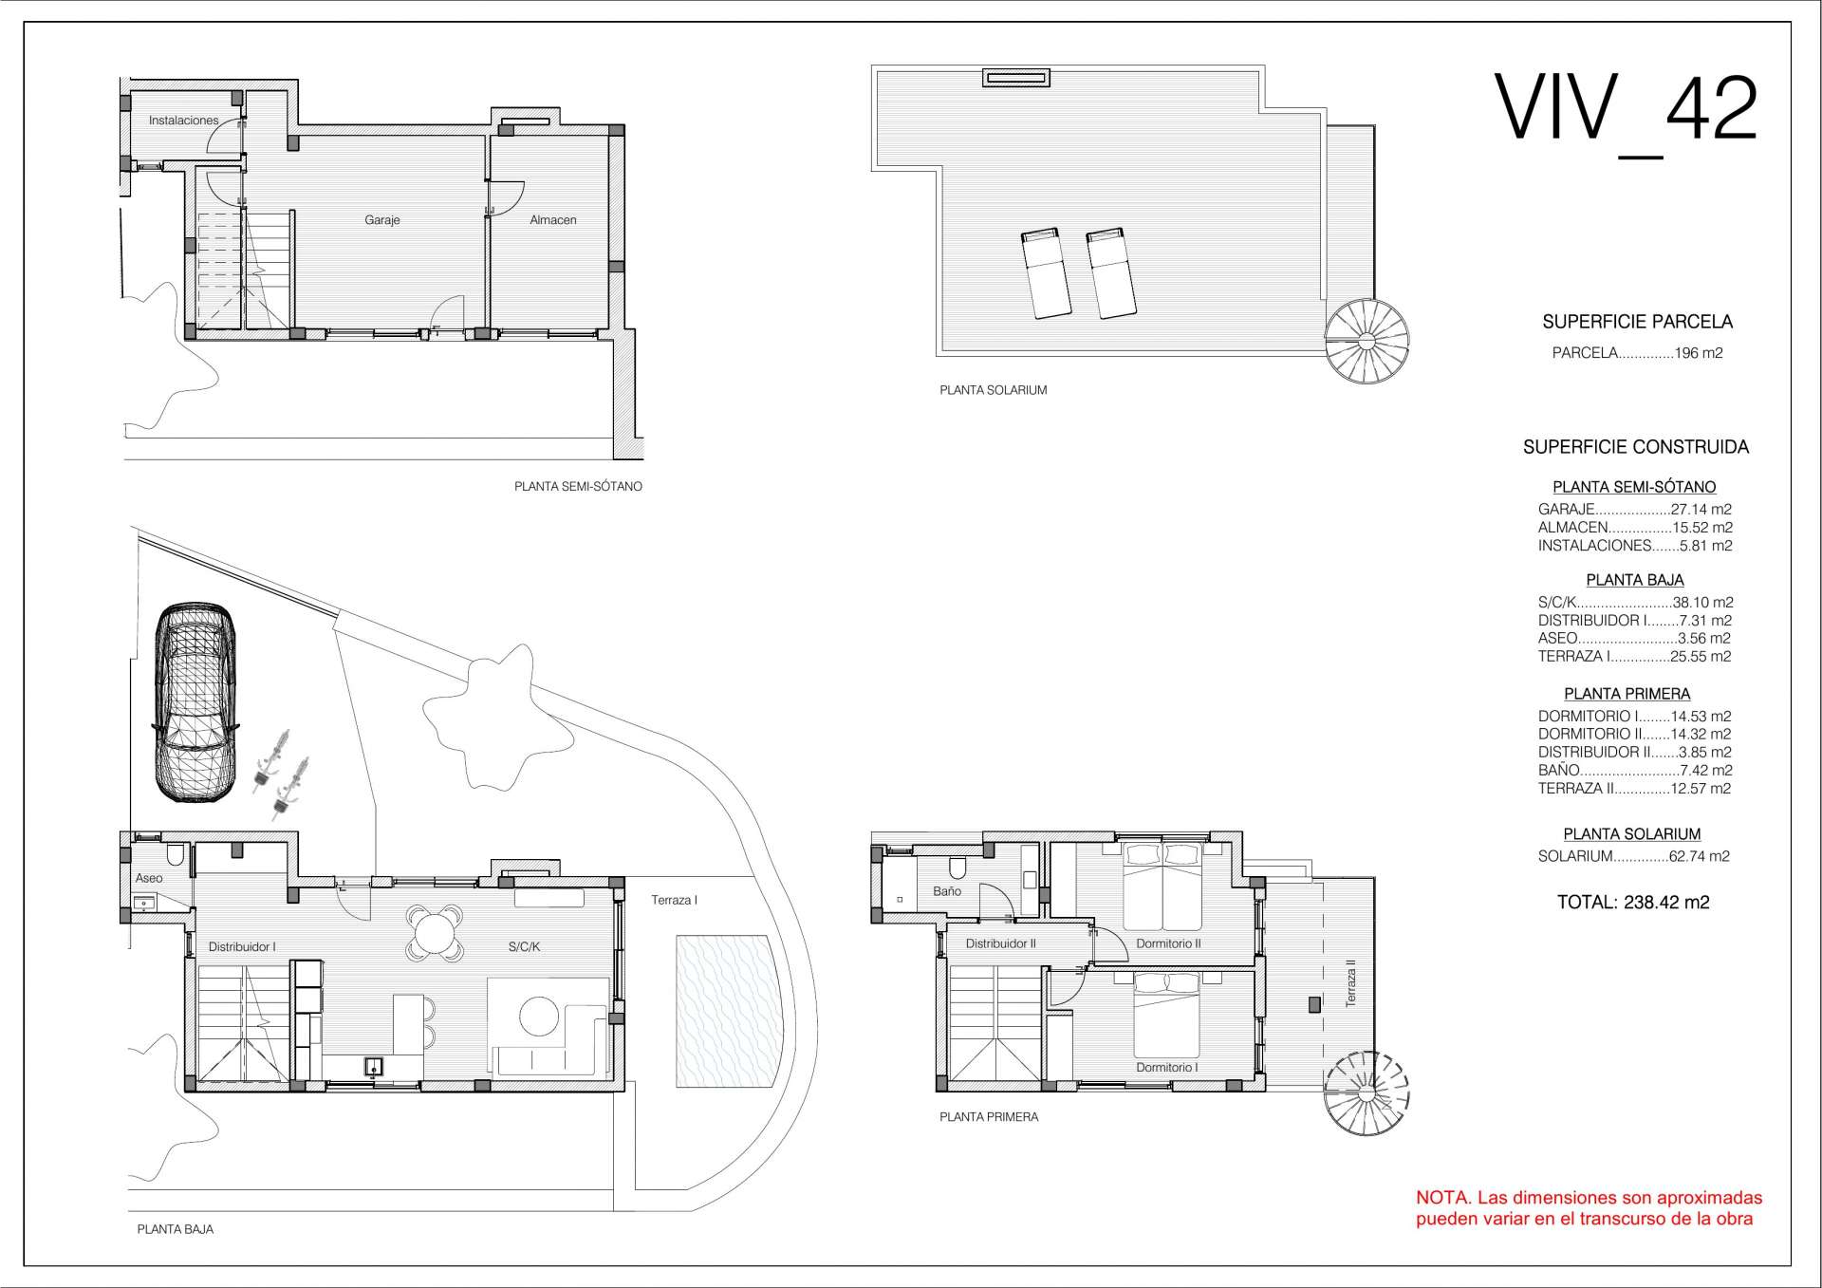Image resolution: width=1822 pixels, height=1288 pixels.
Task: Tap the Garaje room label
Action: point(382,220)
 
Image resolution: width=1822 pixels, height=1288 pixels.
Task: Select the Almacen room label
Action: point(553,220)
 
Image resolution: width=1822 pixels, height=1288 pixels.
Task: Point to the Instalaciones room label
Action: point(184,121)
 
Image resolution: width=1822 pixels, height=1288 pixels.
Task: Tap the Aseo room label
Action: point(149,878)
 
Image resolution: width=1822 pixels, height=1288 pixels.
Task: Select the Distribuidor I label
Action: point(242,946)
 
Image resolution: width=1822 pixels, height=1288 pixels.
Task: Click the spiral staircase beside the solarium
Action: point(1366,342)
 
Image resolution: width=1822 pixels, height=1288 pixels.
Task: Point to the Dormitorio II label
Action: point(1169,943)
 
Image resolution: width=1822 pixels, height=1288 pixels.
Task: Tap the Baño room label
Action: point(947,891)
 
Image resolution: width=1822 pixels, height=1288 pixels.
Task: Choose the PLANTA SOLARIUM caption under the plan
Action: point(994,390)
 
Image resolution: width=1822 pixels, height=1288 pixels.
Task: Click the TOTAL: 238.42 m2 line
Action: point(1633,903)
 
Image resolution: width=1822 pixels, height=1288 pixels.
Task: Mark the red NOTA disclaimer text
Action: point(1590,1208)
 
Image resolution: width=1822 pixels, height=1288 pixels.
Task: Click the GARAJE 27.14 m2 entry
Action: point(1635,510)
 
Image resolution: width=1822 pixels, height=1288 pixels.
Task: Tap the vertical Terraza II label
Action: point(1350,982)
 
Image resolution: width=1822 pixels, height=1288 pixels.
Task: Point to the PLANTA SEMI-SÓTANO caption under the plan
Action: point(578,487)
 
